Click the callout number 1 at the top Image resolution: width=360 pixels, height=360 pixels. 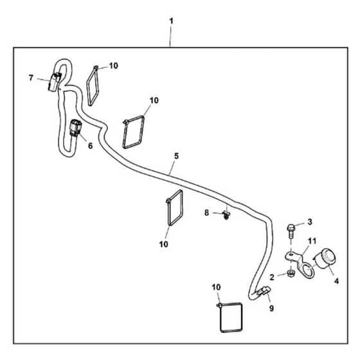click(171, 21)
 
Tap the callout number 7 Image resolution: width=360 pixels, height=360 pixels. click(32, 78)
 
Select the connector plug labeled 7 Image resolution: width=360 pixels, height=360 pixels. click(55, 82)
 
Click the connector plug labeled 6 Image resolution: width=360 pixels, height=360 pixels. click(76, 128)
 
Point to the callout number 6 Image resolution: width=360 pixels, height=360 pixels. click(90, 145)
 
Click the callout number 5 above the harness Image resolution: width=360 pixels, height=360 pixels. click(176, 156)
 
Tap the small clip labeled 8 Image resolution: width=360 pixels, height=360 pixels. click(226, 215)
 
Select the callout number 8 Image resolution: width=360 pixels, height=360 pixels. click(206, 213)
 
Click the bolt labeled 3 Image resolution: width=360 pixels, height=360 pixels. click(291, 231)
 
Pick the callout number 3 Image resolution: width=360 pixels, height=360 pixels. click(310, 222)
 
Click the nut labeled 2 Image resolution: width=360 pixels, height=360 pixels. click(291, 274)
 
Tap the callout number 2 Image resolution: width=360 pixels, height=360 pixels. click(272, 277)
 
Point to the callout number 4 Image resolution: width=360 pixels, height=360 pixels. click(336, 281)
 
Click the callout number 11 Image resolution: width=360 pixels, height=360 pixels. click(312, 241)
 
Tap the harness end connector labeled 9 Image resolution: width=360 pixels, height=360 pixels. click(264, 291)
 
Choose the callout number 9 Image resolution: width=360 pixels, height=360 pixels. click(271, 309)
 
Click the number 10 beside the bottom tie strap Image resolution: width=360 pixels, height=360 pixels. click(216, 287)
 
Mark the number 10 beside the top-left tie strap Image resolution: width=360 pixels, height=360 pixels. click(113, 66)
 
